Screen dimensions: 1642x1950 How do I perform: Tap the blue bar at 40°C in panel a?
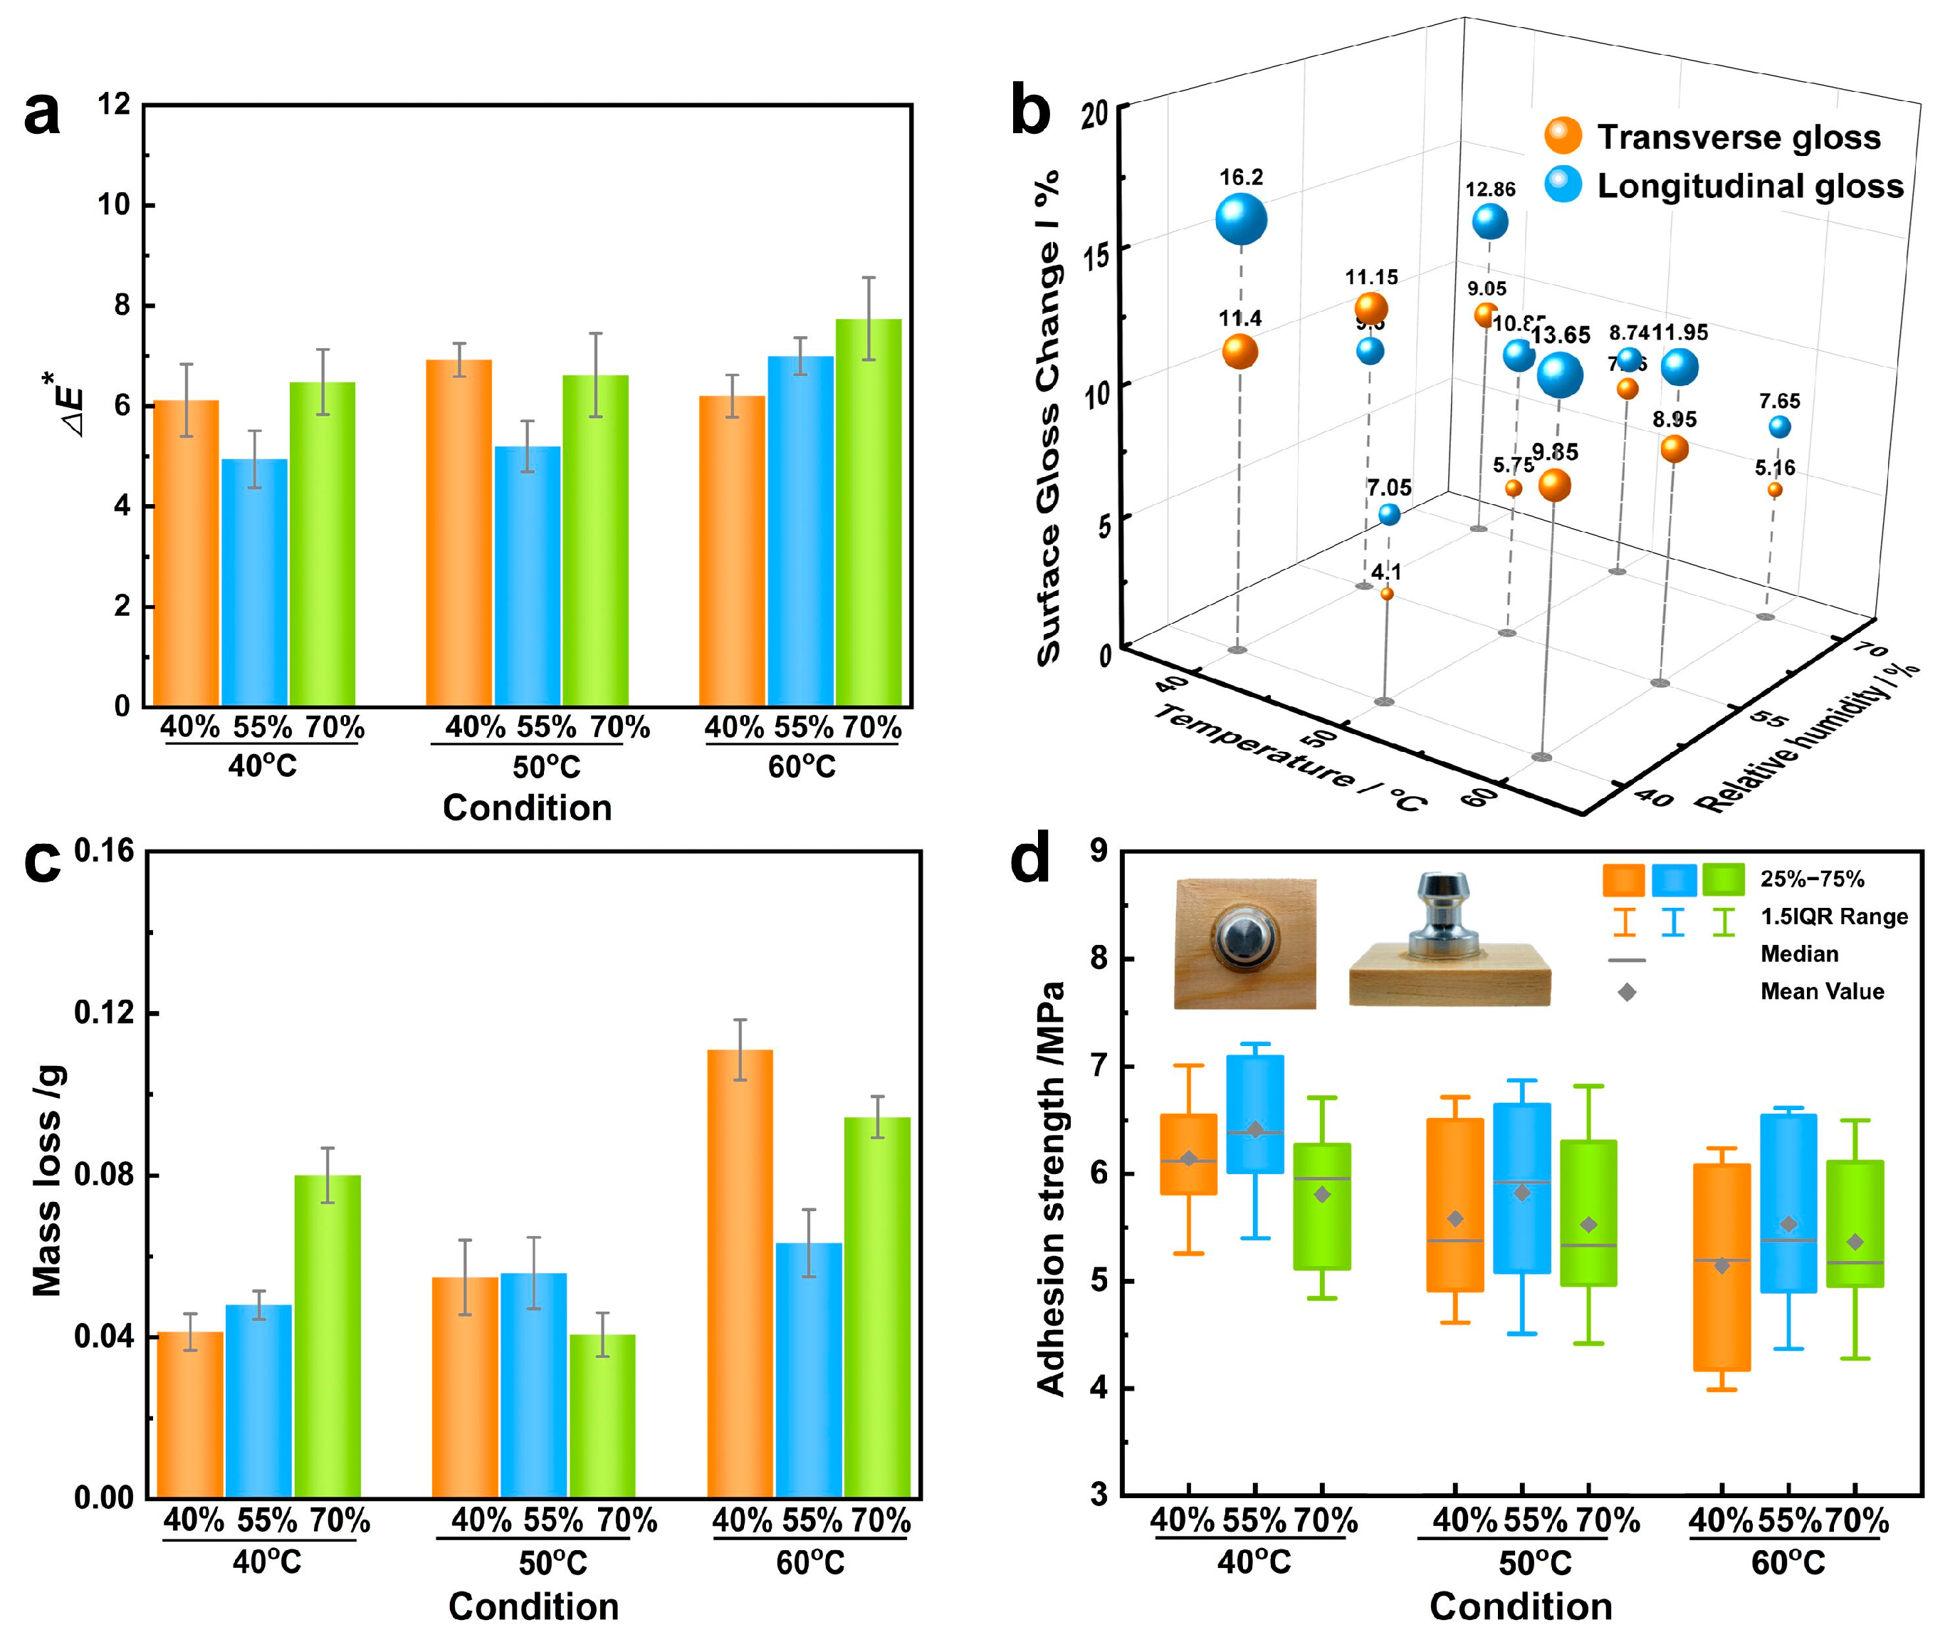pyautogui.click(x=254, y=582)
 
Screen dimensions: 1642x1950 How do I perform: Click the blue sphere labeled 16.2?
pyautogui.click(x=1241, y=220)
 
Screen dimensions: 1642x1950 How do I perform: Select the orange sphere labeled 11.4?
pyautogui.click(x=1239, y=351)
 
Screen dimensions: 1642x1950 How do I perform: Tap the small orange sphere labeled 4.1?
pyautogui.click(x=1387, y=594)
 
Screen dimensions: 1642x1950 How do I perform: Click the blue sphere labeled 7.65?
pyautogui.click(x=1780, y=427)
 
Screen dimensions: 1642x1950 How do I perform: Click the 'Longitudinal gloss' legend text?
pyautogui.click(x=1750, y=186)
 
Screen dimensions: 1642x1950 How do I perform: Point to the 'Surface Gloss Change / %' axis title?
pyautogui.click(x=1049, y=419)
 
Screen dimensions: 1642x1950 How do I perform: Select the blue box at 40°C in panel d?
pyautogui.click(x=1254, y=1114)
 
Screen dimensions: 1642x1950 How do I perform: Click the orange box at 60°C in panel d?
pyautogui.click(x=1721, y=1267)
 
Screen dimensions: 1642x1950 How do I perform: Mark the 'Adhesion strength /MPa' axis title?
pyautogui.click(x=1051, y=1187)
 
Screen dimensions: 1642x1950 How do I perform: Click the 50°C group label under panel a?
pyautogui.click(x=546, y=767)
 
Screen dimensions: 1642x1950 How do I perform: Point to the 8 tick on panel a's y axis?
pyautogui.click(x=121, y=305)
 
